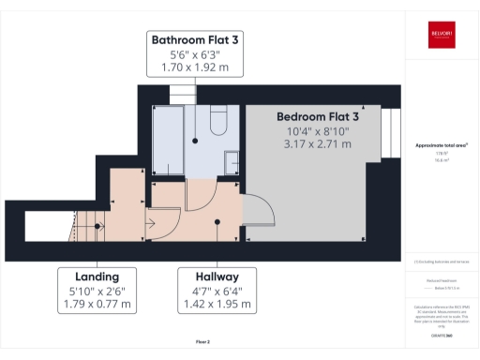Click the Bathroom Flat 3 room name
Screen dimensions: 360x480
(196, 40)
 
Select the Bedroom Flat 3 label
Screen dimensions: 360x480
(318, 116)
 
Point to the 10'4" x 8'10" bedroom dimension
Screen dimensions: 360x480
(318, 130)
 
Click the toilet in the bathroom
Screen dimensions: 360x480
(217, 123)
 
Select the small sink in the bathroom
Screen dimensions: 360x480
(232, 166)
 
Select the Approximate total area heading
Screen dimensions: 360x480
(442, 145)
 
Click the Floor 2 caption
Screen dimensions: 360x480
(202, 340)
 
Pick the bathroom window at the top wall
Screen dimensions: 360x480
(183, 94)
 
